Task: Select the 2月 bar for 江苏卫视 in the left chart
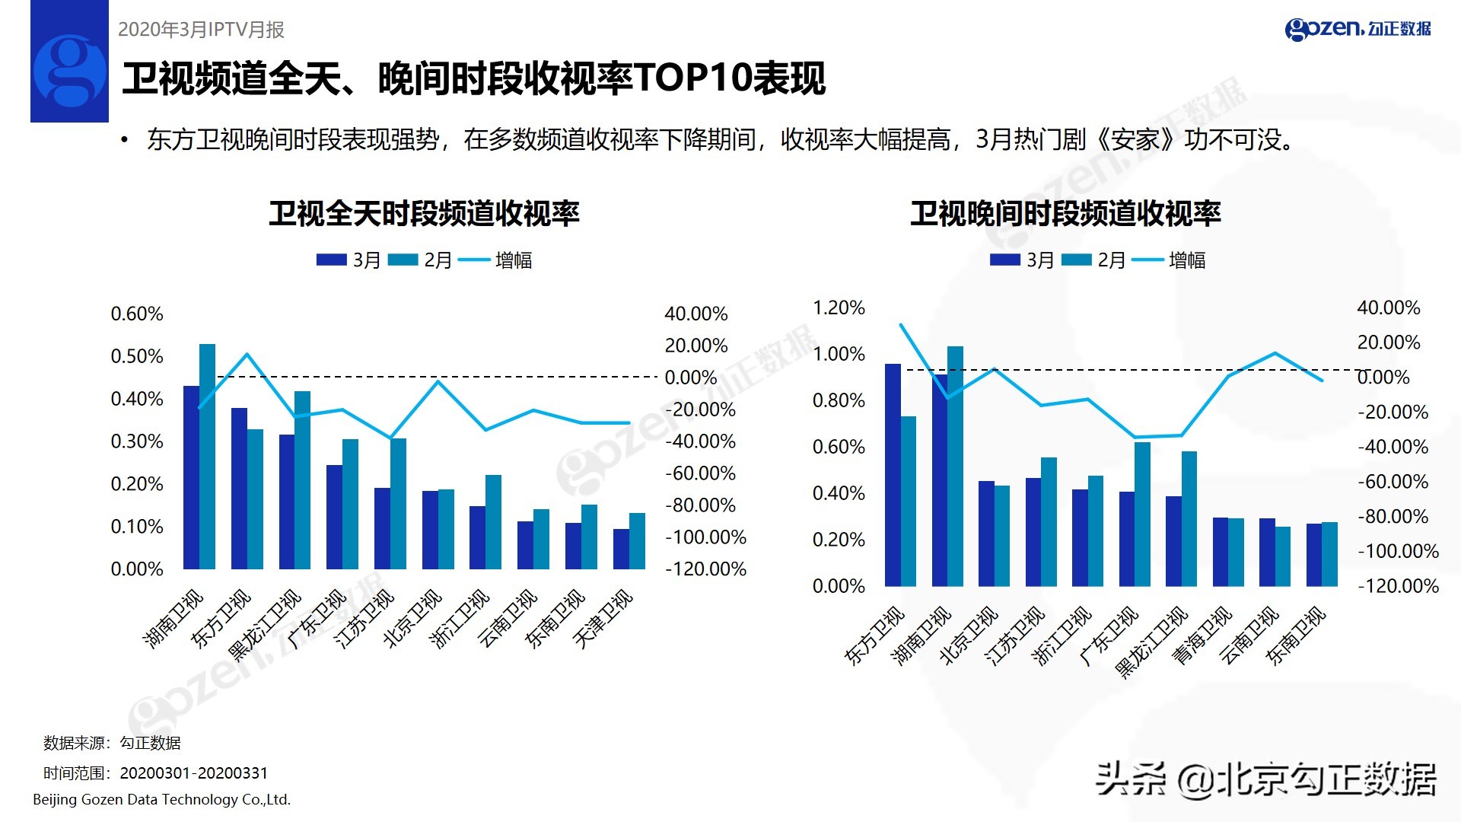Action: tap(398, 504)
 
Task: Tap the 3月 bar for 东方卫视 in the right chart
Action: tap(893, 475)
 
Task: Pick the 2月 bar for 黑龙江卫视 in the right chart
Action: tap(1189, 518)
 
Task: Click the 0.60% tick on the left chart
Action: tap(137, 314)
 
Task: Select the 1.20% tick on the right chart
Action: tap(839, 307)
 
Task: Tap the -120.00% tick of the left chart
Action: tap(705, 569)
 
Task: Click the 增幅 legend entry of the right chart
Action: tap(1186, 260)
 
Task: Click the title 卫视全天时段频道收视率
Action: tap(424, 214)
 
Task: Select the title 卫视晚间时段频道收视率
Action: tap(1065, 214)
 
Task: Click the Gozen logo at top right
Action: tap(1358, 29)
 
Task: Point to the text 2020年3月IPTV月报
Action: tap(201, 29)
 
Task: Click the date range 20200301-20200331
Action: tap(194, 773)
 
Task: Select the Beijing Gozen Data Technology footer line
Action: tap(161, 799)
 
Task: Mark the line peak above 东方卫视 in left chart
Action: tap(247, 353)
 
